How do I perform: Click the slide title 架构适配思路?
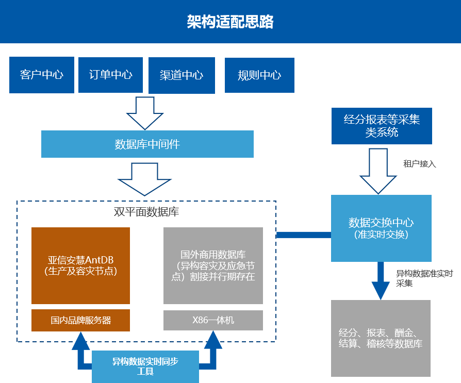point(230,22)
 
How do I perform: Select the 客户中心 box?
point(42,75)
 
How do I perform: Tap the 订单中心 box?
point(111,75)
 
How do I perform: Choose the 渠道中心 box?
point(182,75)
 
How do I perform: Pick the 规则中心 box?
point(259,75)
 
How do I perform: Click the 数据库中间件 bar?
point(147,144)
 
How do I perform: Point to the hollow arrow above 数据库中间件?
point(145,112)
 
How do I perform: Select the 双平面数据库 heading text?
point(146,211)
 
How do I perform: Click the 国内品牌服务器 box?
point(80,320)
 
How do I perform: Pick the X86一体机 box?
point(213,320)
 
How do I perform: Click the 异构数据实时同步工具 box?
point(145,367)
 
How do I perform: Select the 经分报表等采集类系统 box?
point(382,125)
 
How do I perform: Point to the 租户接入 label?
point(419,164)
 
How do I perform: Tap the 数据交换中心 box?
point(381,228)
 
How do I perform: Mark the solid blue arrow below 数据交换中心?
point(381,281)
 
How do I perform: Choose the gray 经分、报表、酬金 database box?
point(381,338)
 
